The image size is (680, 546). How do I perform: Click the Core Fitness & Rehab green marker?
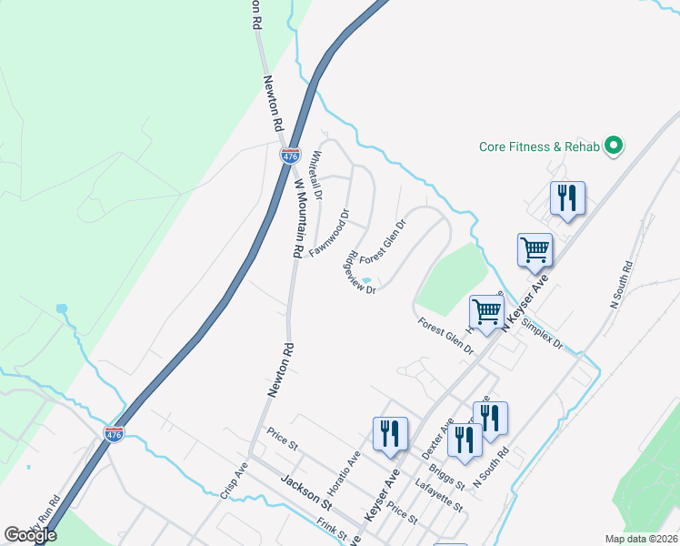pos(614,145)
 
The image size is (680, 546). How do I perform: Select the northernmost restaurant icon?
pos(567,198)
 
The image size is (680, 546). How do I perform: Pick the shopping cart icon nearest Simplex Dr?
pos(487,310)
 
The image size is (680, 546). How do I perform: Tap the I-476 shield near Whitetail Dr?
pos(290,157)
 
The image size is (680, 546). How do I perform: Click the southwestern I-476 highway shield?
pos(114,434)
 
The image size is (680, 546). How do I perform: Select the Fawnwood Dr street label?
pos(330,234)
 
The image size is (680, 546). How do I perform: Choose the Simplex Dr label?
pos(545,333)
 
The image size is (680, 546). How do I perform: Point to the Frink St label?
pos(333,528)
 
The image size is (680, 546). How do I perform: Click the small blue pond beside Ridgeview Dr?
pos(365,280)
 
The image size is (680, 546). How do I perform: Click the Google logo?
pos(30,535)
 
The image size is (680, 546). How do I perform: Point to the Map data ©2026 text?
pos(641,539)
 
